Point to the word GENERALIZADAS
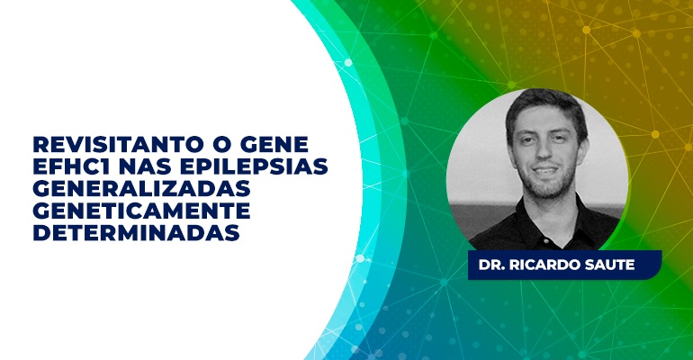[142, 188]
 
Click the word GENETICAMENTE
[142, 211]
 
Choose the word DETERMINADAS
[136, 232]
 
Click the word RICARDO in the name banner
[547, 265]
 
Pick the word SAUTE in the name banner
[612, 265]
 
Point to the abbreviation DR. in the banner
[492, 265]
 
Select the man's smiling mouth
[544, 170]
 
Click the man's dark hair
[545, 106]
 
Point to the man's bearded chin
[545, 188]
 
